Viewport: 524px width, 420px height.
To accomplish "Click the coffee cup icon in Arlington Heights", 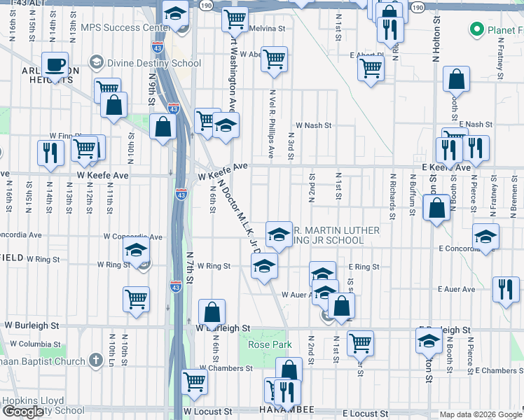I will [55, 66].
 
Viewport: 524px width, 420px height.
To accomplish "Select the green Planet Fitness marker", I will [477, 29].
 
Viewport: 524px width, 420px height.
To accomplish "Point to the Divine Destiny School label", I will [154, 63].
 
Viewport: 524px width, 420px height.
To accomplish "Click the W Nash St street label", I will [312, 125].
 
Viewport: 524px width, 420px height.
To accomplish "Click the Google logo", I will [23, 412].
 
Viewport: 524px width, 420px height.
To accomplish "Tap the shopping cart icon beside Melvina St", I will [235, 19].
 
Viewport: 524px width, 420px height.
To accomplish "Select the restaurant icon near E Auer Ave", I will [505, 288].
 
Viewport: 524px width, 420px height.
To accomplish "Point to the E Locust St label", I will [364, 414].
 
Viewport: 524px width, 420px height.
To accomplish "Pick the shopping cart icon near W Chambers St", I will [194, 381].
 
